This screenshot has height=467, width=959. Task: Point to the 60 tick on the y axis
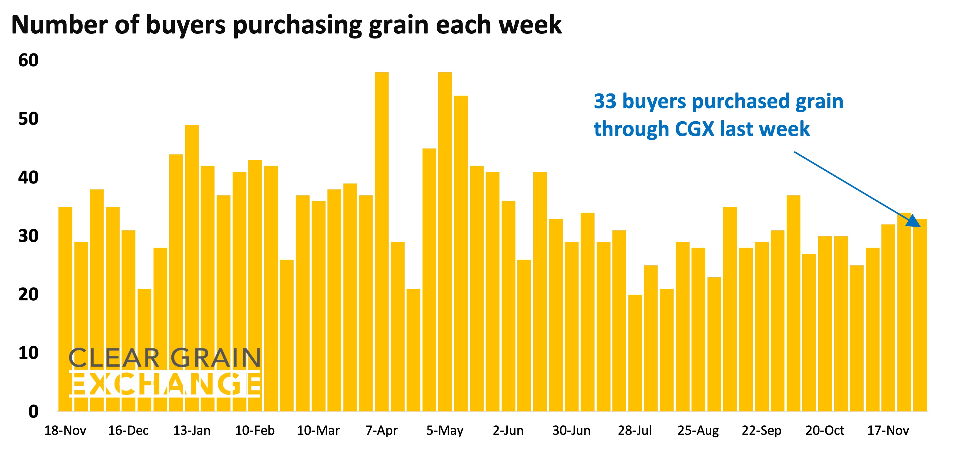point(28,60)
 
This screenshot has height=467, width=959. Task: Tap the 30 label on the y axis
point(28,236)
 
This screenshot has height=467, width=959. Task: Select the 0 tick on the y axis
point(33,412)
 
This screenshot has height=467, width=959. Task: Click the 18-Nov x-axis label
point(65,430)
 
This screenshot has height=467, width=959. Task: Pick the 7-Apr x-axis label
point(381,430)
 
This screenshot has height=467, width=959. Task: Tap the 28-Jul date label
point(635,430)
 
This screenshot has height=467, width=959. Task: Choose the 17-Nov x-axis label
point(888,430)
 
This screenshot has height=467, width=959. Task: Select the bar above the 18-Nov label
point(65,309)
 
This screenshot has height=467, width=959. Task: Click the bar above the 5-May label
point(445,242)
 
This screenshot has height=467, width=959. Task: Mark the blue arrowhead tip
point(920,226)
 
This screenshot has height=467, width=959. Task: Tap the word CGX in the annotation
point(694,129)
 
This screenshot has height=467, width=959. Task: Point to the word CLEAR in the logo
point(114,358)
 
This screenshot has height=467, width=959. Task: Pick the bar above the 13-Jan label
point(192,268)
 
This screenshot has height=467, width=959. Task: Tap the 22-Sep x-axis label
point(761,430)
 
